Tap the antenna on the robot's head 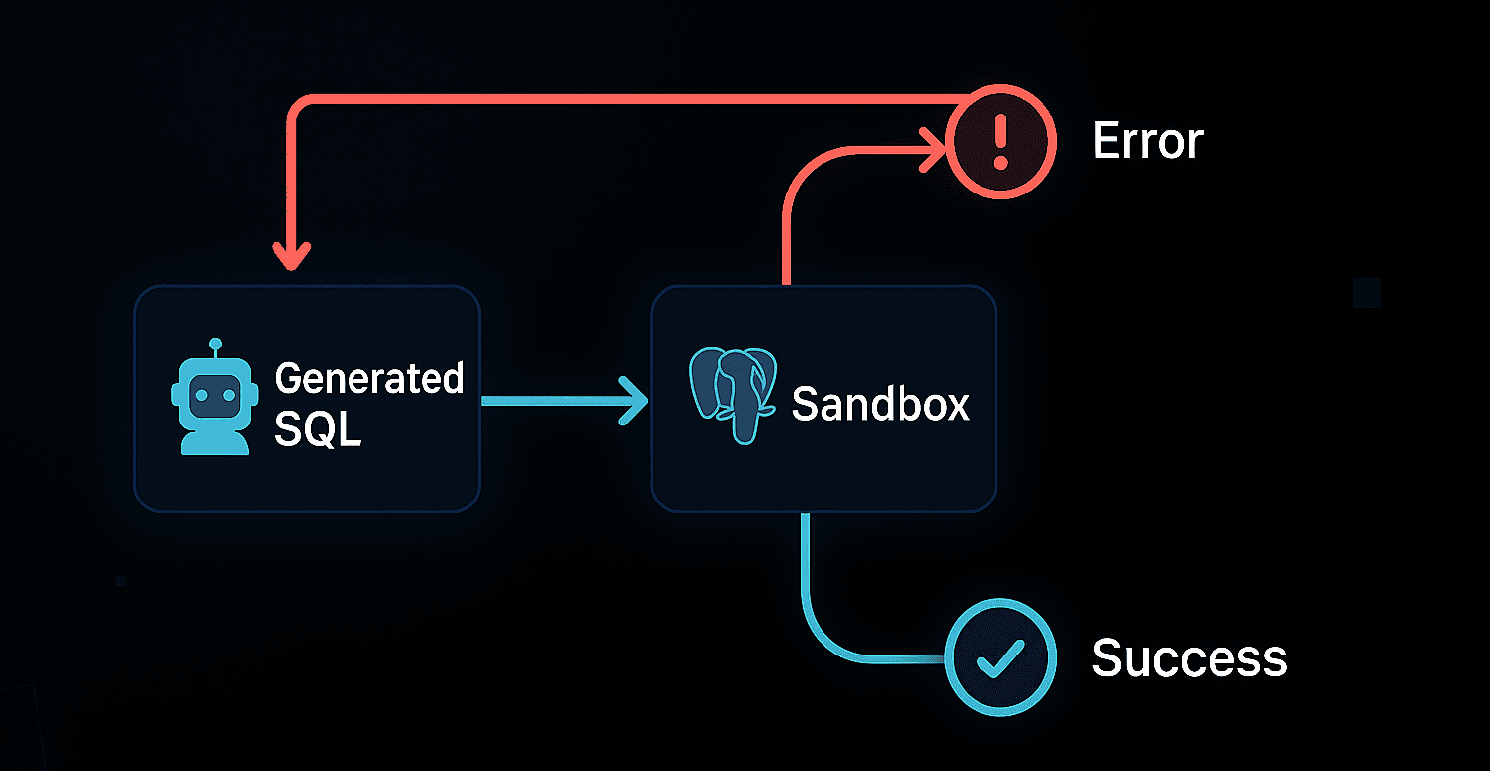pos(215,346)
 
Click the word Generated pos(369,378)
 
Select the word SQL pos(317,430)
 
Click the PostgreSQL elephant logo pos(732,395)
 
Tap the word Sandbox pos(880,404)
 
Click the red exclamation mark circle pos(1000,141)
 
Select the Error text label pos(1147,142)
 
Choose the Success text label pos(1189,657)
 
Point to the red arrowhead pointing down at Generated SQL pos(291,256)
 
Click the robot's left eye pos(200,393)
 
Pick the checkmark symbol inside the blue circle pos(1000,660)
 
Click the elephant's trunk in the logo pos(743,415)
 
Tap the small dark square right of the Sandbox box pos(1367,293)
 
